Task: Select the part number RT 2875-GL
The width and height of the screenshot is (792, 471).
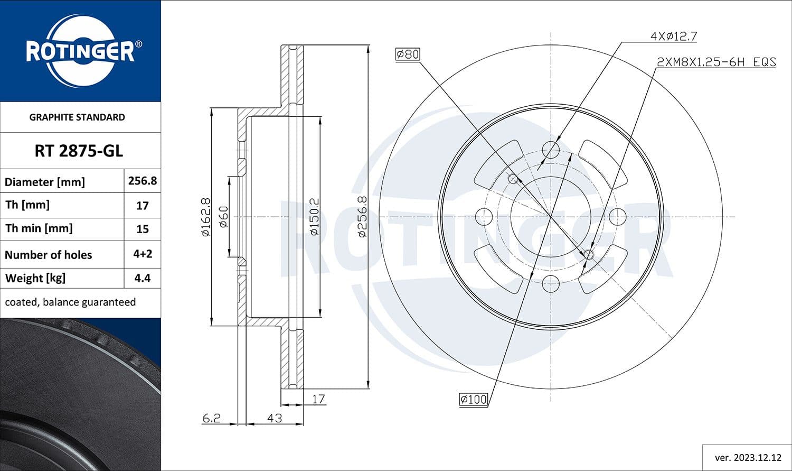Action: click(79, 151)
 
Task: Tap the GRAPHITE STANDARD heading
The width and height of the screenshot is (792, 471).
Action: click(77, 117)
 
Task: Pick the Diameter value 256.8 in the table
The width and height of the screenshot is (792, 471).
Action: click(142, 181)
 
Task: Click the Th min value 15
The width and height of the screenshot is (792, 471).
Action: click(142, 229)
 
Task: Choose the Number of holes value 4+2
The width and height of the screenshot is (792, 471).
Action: click(142, 254)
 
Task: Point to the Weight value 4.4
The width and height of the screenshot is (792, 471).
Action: click(142, 278)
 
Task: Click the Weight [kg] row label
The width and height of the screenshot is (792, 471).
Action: click(35, 278)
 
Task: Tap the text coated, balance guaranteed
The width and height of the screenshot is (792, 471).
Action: click(70, 302)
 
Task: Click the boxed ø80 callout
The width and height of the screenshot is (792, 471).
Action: click(408, 54)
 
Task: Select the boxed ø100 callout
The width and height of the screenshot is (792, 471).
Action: click(473, 400)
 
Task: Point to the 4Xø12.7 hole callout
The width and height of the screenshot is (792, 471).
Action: click(673, 36)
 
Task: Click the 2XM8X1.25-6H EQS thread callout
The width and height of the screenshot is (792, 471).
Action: click(716, 62)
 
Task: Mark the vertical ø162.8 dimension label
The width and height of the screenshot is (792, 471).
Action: click(205, 217)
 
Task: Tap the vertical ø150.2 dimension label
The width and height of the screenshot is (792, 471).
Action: click(314, 217)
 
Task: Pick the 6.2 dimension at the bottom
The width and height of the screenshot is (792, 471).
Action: click(211, 418)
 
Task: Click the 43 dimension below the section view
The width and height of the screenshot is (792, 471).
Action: click(274, 418)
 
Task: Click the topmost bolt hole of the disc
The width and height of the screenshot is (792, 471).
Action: click(551, 150)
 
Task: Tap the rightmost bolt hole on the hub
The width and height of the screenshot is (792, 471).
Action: click(617, 217)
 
